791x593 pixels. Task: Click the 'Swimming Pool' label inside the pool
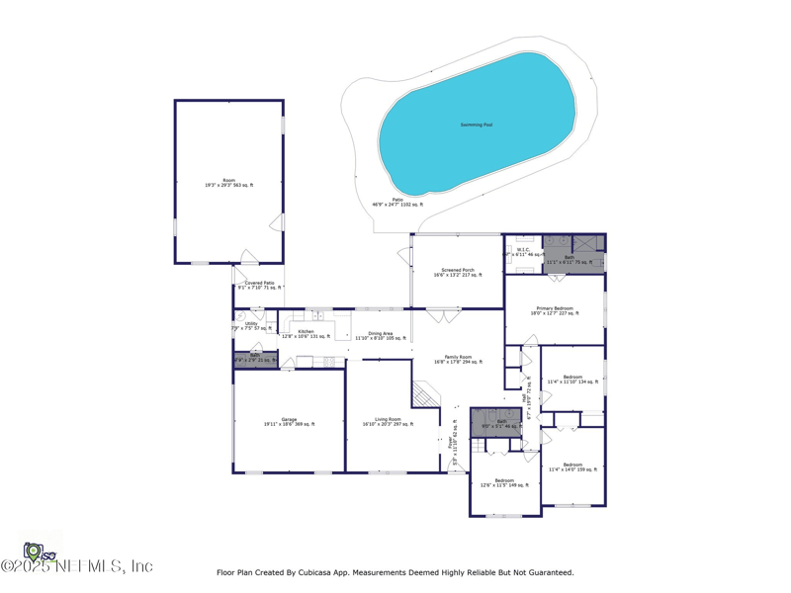click(x=476, y=125)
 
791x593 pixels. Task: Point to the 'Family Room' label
click(x=458, y=359)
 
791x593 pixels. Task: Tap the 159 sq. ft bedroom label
click(x=572, y=466)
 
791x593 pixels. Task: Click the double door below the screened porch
click(x=444, y=316)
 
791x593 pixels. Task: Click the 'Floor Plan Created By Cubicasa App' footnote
click(x=395, y=572)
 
